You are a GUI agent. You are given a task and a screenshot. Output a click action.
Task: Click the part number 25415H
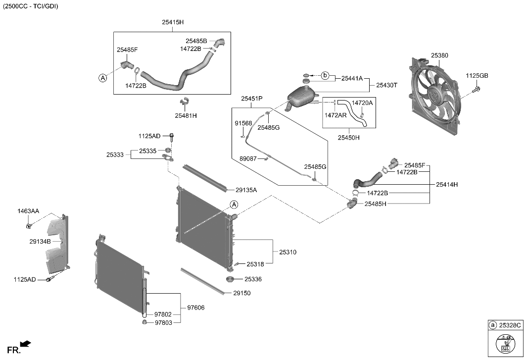point(172,22)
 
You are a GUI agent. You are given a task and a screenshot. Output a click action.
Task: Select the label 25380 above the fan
point(439,55)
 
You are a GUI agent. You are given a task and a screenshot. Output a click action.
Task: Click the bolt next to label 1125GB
point(477,90)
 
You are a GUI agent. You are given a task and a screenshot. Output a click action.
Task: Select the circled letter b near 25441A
point(325,75)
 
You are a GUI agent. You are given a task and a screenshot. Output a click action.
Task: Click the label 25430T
point(386,85)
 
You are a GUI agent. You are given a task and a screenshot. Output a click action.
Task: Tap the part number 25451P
point(251,99)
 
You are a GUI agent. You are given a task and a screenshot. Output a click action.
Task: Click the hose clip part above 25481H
point(186,102)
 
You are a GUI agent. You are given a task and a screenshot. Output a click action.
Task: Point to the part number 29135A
point(246,190)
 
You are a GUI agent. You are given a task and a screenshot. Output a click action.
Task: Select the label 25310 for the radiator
point(287,252)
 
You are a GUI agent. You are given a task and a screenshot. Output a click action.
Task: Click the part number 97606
point(195,308)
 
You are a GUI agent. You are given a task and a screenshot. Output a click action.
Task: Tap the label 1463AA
point(28,211)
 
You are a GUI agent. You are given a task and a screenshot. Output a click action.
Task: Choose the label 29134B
point(40,241)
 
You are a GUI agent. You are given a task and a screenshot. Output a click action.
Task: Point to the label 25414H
point(447,184)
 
